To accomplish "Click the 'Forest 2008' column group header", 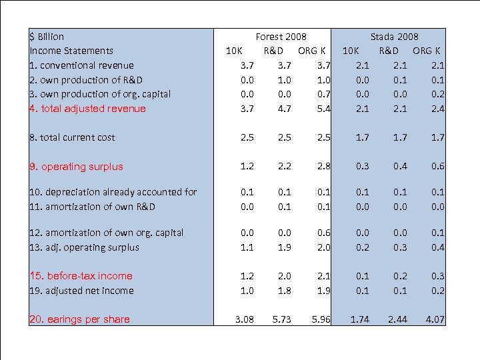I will point(281,37).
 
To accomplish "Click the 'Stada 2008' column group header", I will point(395,37).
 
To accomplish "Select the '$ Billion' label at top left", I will point(47,37).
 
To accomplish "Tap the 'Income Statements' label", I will point(71,51).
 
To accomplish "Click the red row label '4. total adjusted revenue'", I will point(87,109).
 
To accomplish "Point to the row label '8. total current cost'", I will point(72,137).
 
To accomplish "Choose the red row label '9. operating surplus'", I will point(76,167).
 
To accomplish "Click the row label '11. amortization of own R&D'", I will point(92,207).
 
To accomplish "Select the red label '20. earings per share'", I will point(79,319).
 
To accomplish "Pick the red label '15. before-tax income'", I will point(81,276).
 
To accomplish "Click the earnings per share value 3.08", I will point(244,319).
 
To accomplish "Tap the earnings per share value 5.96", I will point(321,319).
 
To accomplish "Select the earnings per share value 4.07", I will point(435,319).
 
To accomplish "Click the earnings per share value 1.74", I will point(360,319).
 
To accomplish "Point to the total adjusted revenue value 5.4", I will point(323,109).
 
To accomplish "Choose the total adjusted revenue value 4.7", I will point(285,109).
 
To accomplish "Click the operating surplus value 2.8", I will point(323,167).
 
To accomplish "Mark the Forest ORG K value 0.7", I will point(323,94).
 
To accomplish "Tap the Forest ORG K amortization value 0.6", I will point(323,233).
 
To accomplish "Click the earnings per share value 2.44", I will point(398,319).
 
